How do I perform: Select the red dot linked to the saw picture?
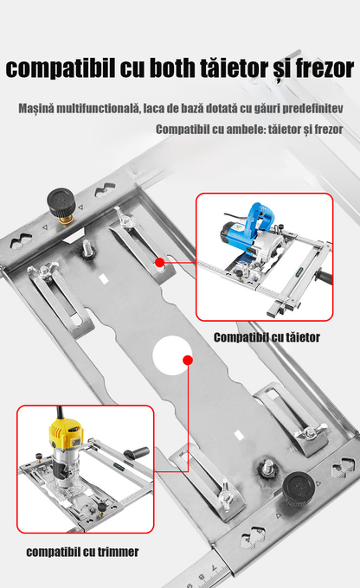(x=159, y=260)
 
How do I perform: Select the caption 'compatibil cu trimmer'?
(x=82, y=551)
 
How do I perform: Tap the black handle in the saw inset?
(x=325, y=278)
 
